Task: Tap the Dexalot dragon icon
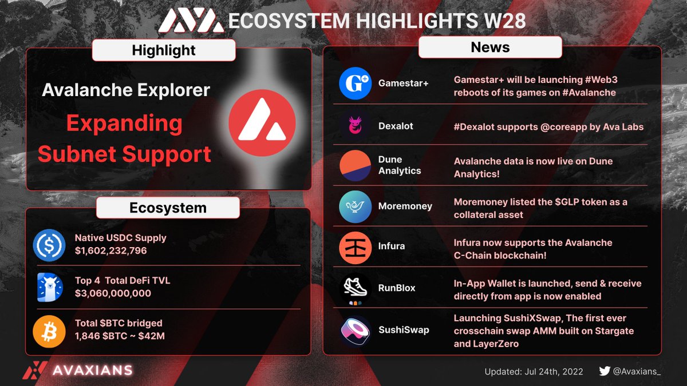(356, 126)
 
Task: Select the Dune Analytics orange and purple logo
(356, 165)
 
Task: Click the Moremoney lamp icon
(356, 206)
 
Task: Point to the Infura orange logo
(356, 246)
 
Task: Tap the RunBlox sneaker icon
(356, 288)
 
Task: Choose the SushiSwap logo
(356, 330)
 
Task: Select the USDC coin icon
(49, 245)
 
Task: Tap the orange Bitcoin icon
(49, 331)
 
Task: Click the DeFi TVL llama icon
(49, 288)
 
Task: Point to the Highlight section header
(164, 50)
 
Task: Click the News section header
(490, 47)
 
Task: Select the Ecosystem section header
(168, 208)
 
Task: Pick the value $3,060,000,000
(113, 293)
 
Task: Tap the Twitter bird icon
(604, 371)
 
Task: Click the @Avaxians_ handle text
(637, 372)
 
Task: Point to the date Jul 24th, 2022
(554, 372)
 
